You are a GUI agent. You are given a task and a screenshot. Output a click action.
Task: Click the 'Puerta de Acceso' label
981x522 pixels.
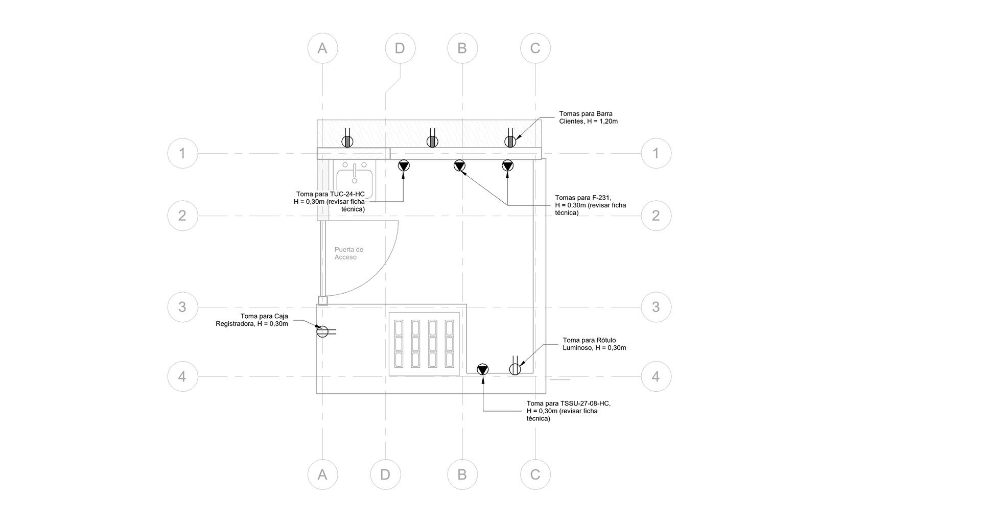tap(348, 253)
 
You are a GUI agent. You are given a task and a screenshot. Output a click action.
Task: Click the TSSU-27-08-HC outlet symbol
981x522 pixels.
tap(483, 369)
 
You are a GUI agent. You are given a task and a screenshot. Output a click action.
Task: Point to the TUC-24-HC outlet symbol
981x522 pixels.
tap(404, 165)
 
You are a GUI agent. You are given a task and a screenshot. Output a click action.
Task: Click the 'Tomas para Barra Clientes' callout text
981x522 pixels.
tap(588, 117)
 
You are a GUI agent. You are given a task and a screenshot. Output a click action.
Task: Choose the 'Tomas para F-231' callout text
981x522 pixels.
tap(590, 205)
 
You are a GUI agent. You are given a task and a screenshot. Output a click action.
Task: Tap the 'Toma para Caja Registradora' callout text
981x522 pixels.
tap(252, 320)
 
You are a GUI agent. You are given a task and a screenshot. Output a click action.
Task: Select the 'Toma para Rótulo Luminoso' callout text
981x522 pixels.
tap(594, 344)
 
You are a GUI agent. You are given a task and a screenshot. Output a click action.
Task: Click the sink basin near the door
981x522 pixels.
tap(355, 181)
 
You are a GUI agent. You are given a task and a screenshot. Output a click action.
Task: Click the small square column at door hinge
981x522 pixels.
tap(322, 300)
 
